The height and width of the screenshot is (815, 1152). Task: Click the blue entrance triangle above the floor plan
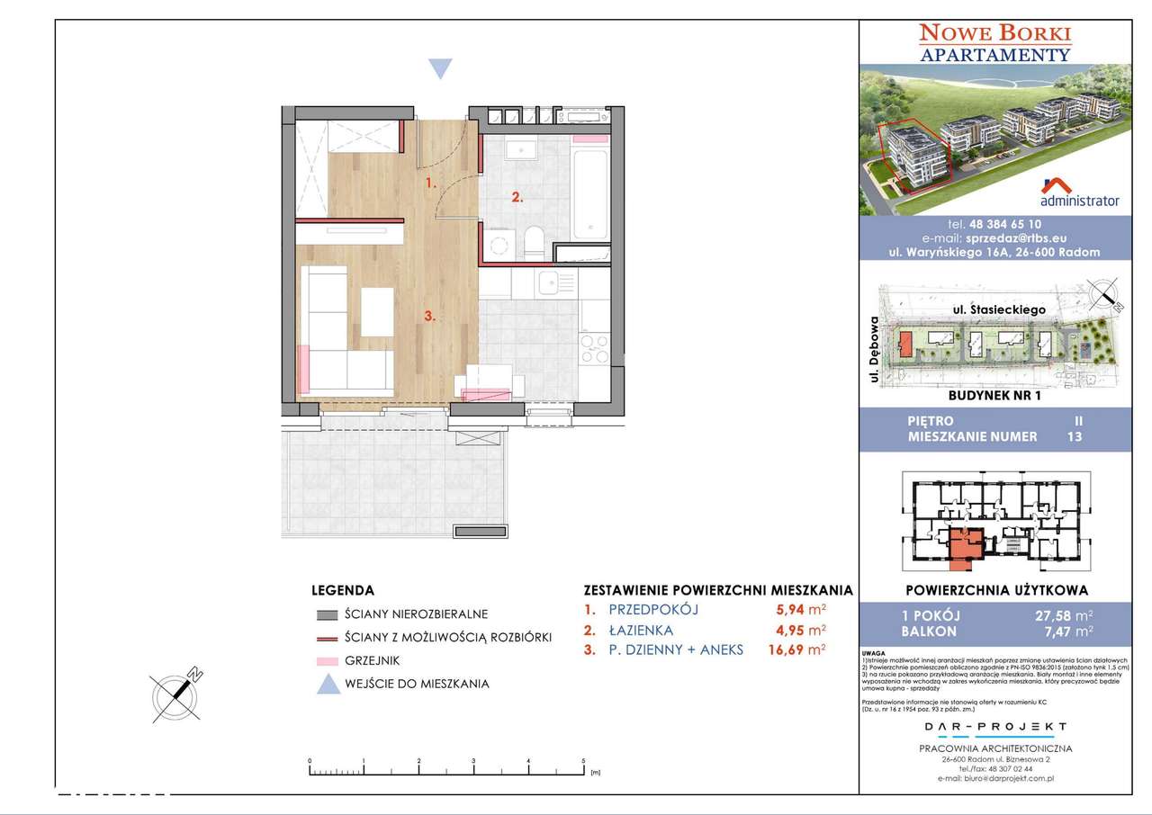pos(439,69)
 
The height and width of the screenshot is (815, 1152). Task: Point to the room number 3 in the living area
pos(431,316)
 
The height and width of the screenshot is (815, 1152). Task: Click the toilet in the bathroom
pos(532,241)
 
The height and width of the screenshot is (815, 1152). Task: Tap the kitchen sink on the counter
pos(548,286)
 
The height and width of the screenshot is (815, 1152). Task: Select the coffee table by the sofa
pos(377,311)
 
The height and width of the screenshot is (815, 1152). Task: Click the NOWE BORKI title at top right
pos(994,34)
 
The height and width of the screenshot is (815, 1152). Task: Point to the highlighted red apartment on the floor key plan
pos(967,545)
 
